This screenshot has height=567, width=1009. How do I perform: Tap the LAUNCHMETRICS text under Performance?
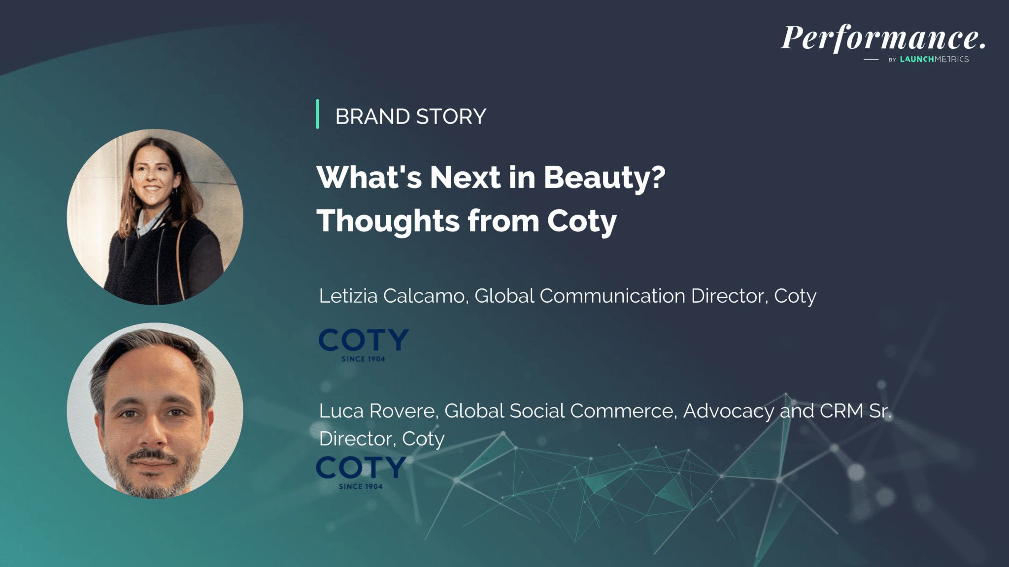[934, 59]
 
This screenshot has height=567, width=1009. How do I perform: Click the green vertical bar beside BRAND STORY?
[317, 114]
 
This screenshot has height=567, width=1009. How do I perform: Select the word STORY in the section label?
[451, 117]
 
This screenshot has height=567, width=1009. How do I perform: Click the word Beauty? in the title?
[605, 177]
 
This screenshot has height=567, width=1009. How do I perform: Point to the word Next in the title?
[465, 177]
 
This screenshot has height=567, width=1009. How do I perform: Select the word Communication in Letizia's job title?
[612, 296]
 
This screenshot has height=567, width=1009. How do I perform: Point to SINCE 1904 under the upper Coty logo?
[364, 359]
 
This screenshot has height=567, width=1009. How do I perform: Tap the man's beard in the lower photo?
[153, 472]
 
